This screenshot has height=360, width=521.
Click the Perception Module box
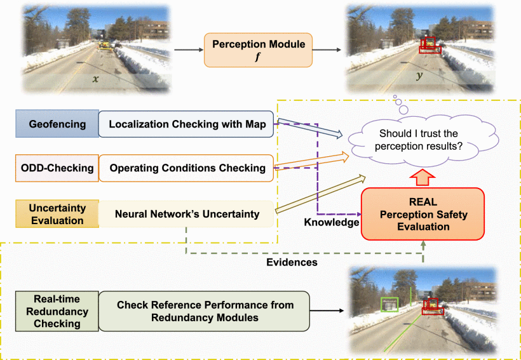click(258, 50)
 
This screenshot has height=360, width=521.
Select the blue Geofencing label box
click(57, 124)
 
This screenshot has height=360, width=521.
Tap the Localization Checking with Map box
click(186, 124)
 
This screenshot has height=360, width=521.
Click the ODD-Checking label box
click(57, 168)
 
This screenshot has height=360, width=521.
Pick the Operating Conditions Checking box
click(186, 168)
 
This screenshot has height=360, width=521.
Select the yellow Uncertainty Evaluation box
click(57, 213)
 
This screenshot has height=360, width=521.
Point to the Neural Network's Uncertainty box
click(186, 213)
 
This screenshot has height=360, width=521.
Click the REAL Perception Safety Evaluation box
click(423, 214)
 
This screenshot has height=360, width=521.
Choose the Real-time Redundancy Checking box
click(57, 311)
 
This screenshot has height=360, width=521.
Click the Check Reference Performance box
click(205, 311)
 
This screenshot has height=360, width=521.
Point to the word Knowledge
click(332, 222)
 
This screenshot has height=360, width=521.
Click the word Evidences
click(292, 262)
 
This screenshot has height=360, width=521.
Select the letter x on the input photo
click(96, 79)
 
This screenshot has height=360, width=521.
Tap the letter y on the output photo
click(419, 76)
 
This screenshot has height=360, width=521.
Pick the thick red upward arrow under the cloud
click(422, 177)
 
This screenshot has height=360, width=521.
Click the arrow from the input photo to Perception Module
click(189, 50)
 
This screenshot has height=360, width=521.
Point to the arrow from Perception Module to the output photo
click(327, 50)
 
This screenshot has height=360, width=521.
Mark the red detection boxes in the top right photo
click(430, 45)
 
